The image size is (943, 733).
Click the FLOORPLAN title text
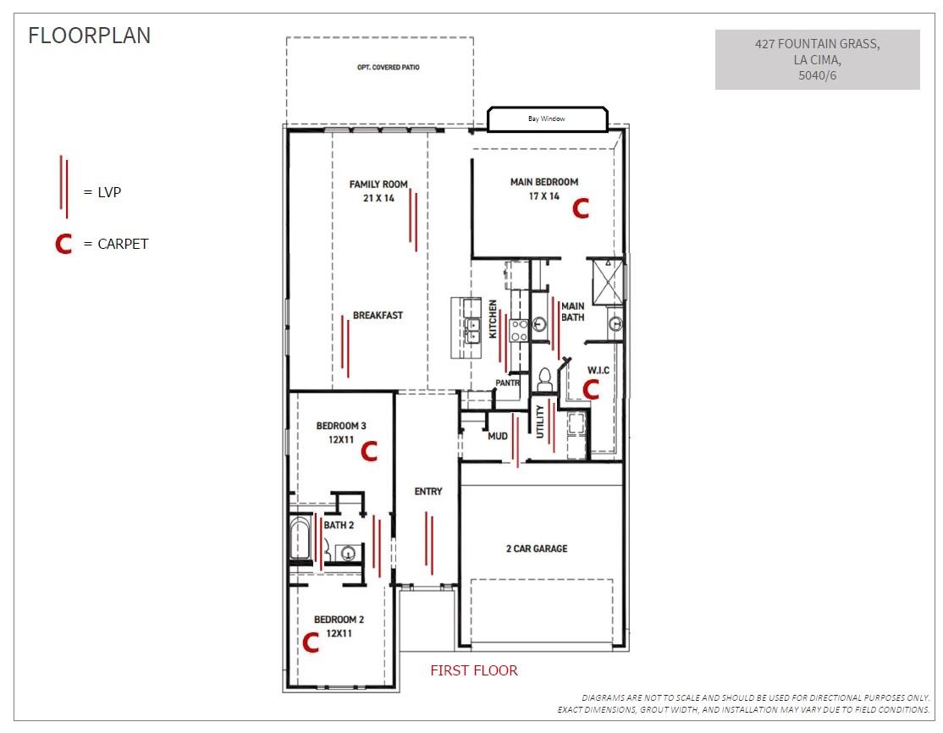point(89,36)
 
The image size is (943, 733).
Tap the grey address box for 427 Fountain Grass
point(818,59)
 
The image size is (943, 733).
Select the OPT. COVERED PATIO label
point(389,68)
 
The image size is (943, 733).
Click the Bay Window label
point(547,118)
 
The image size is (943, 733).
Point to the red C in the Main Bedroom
point(581,209)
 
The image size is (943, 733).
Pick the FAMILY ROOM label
point(378,184)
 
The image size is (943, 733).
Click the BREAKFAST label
point(378,315)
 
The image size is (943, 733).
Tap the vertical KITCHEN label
point(494,319)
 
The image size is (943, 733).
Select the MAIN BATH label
point(572,311)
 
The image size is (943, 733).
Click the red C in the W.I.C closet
point(591,389)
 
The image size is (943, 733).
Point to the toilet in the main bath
point(544,380)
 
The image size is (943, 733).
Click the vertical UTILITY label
point(540,421)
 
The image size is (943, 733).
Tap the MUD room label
point(498,436)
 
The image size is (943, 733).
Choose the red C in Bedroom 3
point(369,451)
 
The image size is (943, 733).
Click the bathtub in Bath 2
point(301,538)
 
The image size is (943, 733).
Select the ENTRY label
point(428,491)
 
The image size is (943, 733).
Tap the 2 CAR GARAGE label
point(537,548)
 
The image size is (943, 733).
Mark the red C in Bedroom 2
point(311,642)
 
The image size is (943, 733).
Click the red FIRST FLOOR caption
point(474,670)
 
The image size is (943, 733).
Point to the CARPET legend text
point(123,244)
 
